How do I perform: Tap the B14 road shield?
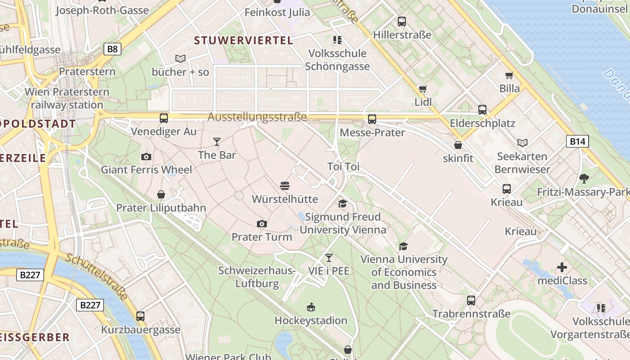pyautogui.click(x=577, y=142)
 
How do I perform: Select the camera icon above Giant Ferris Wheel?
pyautogui.click(x=146, y=157)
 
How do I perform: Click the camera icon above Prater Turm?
pyautogui.click(x=261, y=224)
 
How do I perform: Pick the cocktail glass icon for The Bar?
pyautogui.click(x=217, y=142)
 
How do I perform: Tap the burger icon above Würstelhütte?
pyautogui.click(x=284, y=185)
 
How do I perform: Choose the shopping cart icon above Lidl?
pyautogui.click(x=423, y=89)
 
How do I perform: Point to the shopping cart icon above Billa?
pyautogui.click(x=509, y=75)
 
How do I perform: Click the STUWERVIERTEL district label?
pyautogui.click(x=243, y=40)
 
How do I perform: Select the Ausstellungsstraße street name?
pyautogui.click(x=257, y=117)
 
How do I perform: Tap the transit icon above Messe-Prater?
pyautogui.click(x=372, y=119)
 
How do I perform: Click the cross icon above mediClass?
pyautogui.click(x=562, y=268)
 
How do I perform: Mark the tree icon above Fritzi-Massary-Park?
pyautogui.click(x=584, y=179)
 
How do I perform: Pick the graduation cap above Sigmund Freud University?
pyautogui.click(x=342, y=204)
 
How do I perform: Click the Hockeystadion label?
pyautogui.click(x=310, y=320)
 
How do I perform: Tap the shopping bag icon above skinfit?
pyautogui.click(x=458, y=145)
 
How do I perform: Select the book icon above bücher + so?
pyautogui.click(x=180, y=58)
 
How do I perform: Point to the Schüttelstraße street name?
pyautogui.click(x=97, y=277)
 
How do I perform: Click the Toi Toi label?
pyautogui.click(x=343, y=167)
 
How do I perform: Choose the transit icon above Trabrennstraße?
pyautogui.click(x=471, y=300)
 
